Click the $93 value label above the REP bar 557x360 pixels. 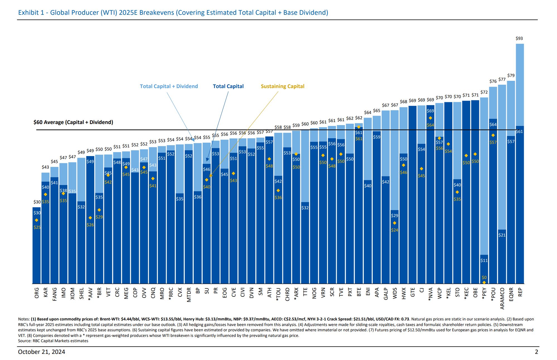[519, 38]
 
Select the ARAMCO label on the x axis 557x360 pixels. [502, 299]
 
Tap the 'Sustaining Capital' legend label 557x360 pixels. [282, 86]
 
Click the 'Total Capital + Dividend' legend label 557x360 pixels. [169, 86]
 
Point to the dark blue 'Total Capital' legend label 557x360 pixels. [228, 86]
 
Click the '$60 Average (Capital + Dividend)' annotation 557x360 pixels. [73, 122]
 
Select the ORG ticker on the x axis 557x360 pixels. [37, 293]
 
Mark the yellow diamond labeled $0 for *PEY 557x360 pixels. [484, 283]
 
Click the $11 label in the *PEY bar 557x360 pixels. [484, 261]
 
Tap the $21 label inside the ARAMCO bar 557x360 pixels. [502, 235]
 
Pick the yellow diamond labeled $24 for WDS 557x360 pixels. [394, 223]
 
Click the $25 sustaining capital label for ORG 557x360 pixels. [37, 227]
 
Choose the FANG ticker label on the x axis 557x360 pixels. [55, 294]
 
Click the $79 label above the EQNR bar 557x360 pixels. [511, 76]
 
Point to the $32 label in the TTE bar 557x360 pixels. [305, 208]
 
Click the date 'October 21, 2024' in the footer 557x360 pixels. [42, 352]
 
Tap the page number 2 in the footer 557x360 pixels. [536, 352]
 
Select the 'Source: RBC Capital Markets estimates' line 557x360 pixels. [53, 341]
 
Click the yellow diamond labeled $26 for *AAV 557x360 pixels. [90, 218]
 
